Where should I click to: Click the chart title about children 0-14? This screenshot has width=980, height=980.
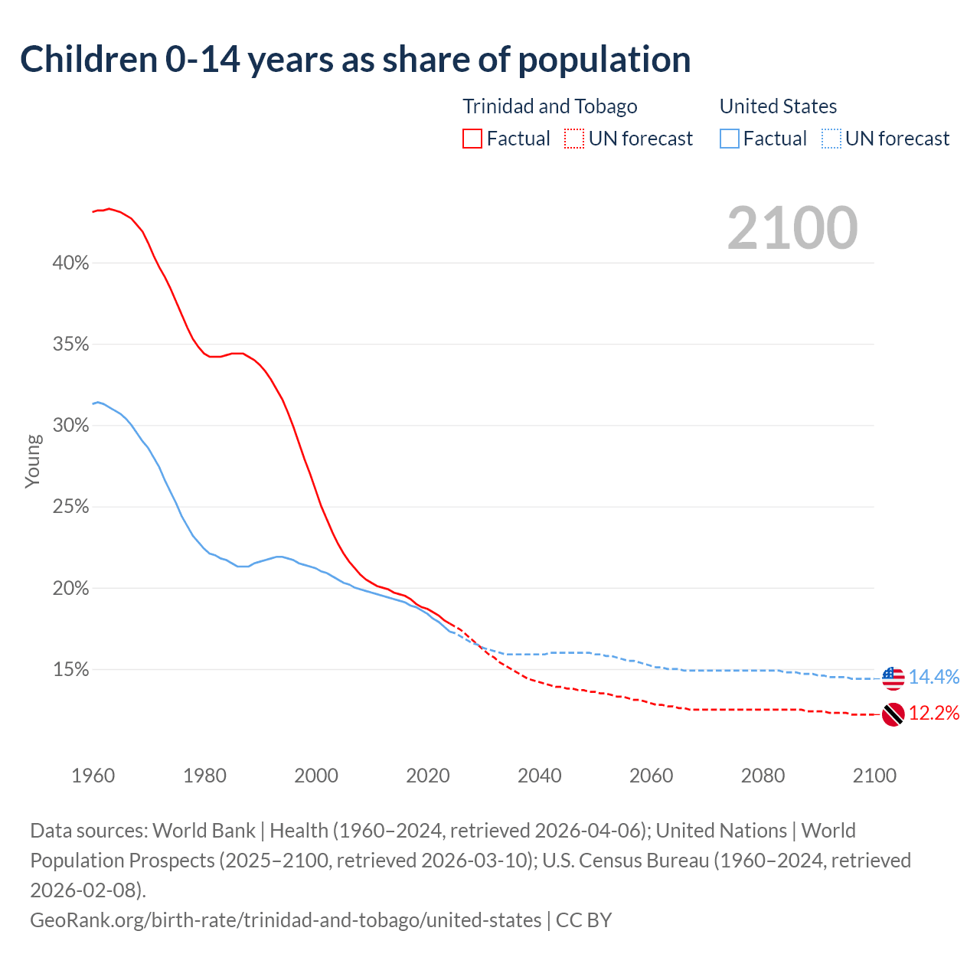click(355, 60)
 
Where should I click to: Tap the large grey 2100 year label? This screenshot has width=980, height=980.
click(792, 228)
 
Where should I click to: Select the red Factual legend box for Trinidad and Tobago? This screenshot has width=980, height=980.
click(472, 139)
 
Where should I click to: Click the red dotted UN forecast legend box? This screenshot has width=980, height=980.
click(574, 139)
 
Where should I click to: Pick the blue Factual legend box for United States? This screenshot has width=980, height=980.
click(730, 139)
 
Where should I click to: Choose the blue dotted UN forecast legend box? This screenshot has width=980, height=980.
click(831, 139)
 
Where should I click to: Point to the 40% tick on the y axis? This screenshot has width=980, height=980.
click(70, 263)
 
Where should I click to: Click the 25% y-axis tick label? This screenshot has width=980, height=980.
click(70, 507)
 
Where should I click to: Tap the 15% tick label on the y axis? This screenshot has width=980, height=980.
click(70, 670)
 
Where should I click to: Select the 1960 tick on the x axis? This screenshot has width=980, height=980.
click(93, 776)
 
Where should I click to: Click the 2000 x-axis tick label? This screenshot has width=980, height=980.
click(316, 776)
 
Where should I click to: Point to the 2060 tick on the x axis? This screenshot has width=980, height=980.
click(651, 776)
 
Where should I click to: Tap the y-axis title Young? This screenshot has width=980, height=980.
click(33, 461)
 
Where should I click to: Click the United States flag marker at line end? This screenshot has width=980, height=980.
click(893, 678)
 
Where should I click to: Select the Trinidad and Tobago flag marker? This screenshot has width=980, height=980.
click(893, 714)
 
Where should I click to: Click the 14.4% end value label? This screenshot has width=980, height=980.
click(934, 678)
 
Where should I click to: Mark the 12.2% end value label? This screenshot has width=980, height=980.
click(934, 714)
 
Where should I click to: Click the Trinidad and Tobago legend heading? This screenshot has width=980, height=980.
click(550, 106)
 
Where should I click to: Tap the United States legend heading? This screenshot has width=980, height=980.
click(778, 106)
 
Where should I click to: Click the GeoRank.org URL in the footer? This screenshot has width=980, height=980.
click(286, 920)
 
